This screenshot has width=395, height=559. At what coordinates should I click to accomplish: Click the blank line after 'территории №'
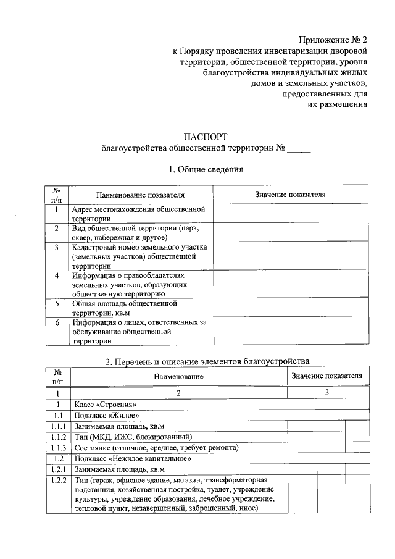coord(299,148)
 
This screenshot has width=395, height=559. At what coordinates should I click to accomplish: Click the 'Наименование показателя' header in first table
coord(140,195)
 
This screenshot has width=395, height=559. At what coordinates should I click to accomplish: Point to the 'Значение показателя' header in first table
coord(290,195)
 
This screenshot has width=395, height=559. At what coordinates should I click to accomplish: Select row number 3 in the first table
coord(56,247)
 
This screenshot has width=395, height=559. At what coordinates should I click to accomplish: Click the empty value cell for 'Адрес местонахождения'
coord(290,214)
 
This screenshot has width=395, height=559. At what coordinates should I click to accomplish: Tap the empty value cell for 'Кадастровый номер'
coord(290,256)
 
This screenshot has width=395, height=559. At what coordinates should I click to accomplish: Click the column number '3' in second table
coord(326,392)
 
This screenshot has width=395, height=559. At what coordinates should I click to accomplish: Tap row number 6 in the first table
coord(56,322)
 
